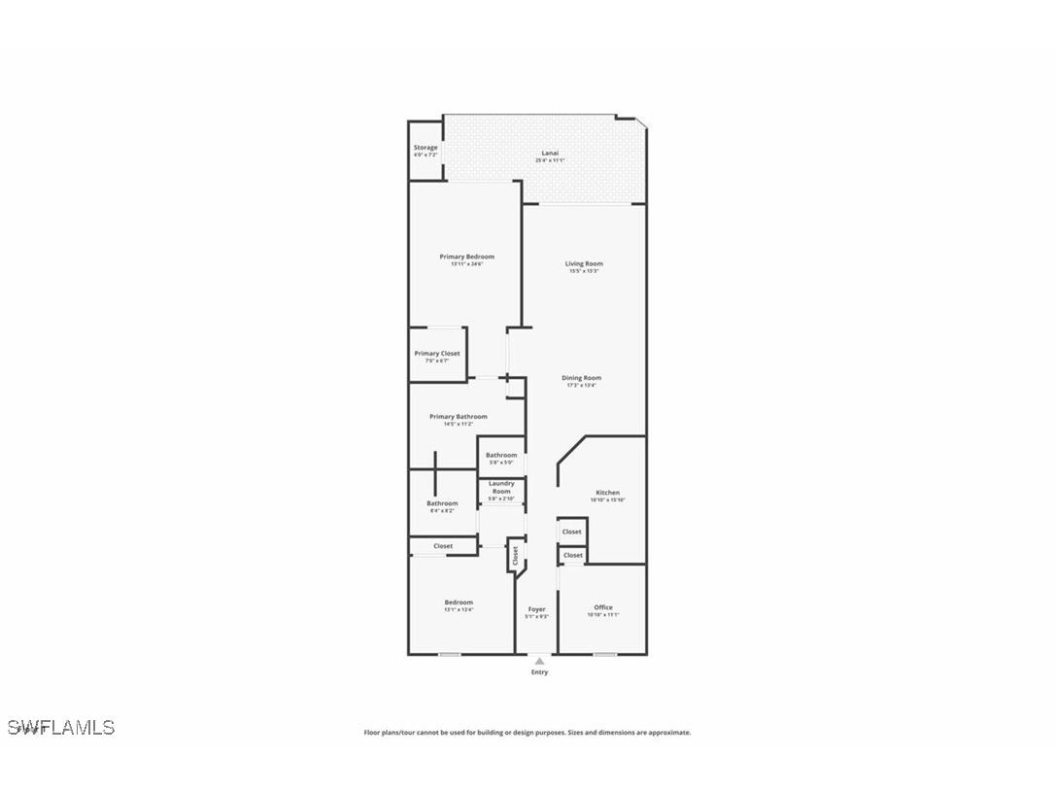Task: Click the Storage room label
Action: point(425,148)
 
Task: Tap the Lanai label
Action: point(550,153)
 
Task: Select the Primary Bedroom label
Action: point(466,257)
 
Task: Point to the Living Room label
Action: point(584,263)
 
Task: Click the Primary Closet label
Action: point(437,354)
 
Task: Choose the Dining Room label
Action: point(582,378)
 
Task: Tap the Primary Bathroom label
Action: point(459,417)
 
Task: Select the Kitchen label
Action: point(607,493)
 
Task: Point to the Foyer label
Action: point(536,609)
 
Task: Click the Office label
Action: point(603,607)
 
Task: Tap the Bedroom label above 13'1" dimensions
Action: point(459,602)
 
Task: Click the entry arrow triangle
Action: point(539,661)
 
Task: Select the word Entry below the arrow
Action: point(539,672)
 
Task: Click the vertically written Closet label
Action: point(516,555)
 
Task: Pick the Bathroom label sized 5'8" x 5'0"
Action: point(501,455)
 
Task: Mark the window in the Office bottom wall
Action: point(605,654)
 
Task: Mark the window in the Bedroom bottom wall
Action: point(449,654)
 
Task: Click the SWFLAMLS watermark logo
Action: point(61,728)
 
